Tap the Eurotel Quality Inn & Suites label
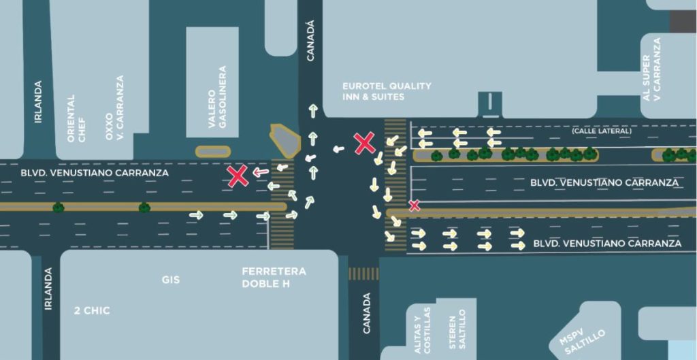pyautogui.click(x=387, y=91)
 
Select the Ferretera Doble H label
pyautogui.click(x=274, y=278)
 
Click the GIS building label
pyautogui.click(x=171, y=280)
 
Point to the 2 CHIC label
pyautogui.click(x=92, y=311)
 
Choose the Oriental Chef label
pyautogui.click(x=76, y=118)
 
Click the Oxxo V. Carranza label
pyautogui.click(x=114, y=108)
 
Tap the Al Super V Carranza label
pyautogui.click(x=651, y=69)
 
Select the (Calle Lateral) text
pyautogui.click(x=602, y=131)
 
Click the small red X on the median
pyautogui.click(x=415, y=206)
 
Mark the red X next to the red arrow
pyautogui.click(x=238, y=176)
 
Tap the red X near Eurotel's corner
pyautogui.click(x=365, y=143)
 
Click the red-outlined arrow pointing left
pyautogui.click(x=261, y=172)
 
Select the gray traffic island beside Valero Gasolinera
pyautogui.click(x=285, y=140)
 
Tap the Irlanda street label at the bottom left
pyautogui.click(x=48, y=289)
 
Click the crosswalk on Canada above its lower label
pyautogui.click(x=363, y=274)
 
